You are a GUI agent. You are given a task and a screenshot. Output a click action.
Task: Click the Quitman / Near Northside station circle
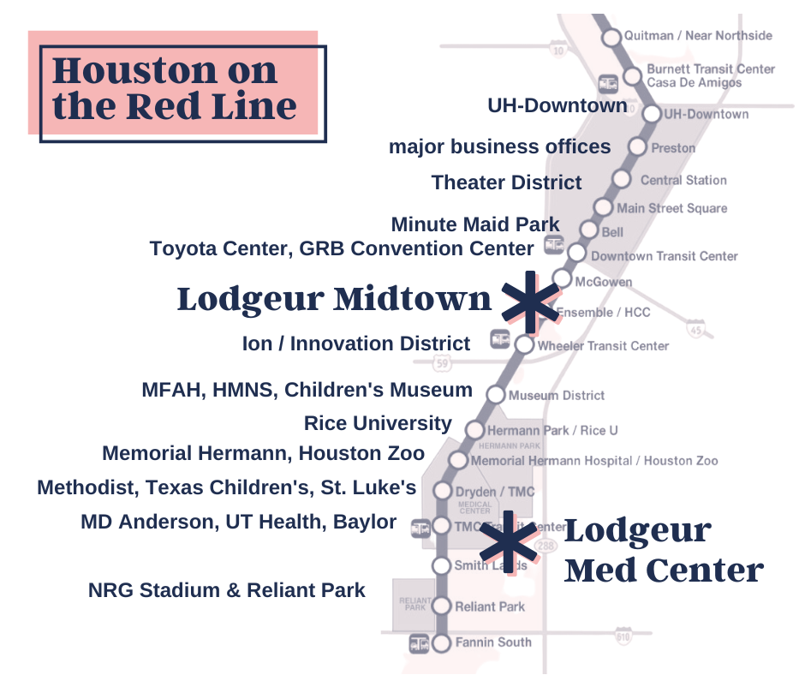click(611, 38)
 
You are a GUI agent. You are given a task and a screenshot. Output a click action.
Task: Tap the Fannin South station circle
click(441, 642)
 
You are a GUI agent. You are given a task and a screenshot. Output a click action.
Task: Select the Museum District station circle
click(496, 395)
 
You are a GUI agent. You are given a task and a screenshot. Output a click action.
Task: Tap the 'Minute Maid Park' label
click(475, 224)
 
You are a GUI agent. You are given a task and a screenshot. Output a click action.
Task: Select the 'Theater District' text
click(507, 182)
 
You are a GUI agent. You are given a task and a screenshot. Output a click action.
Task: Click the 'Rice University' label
click(378, 423)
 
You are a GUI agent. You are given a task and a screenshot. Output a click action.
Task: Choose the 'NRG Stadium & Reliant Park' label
click(227, 590)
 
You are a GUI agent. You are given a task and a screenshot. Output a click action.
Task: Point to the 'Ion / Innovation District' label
click(356, 343)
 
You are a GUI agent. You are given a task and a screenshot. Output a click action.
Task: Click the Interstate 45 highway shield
click(695, 327)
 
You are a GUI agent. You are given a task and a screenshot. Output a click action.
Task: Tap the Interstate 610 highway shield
click(623, 637)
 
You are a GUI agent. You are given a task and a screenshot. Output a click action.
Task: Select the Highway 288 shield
click(545, 546)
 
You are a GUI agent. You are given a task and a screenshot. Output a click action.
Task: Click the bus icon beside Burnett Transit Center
click(608, 83)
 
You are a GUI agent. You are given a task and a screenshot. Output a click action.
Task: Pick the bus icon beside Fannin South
click(419, 642)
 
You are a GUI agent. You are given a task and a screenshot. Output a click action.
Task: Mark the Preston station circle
click(636, 147)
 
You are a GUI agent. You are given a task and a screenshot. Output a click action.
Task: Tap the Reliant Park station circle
click(441, 606)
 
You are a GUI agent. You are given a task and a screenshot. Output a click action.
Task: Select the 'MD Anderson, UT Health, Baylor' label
click(239, 521)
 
